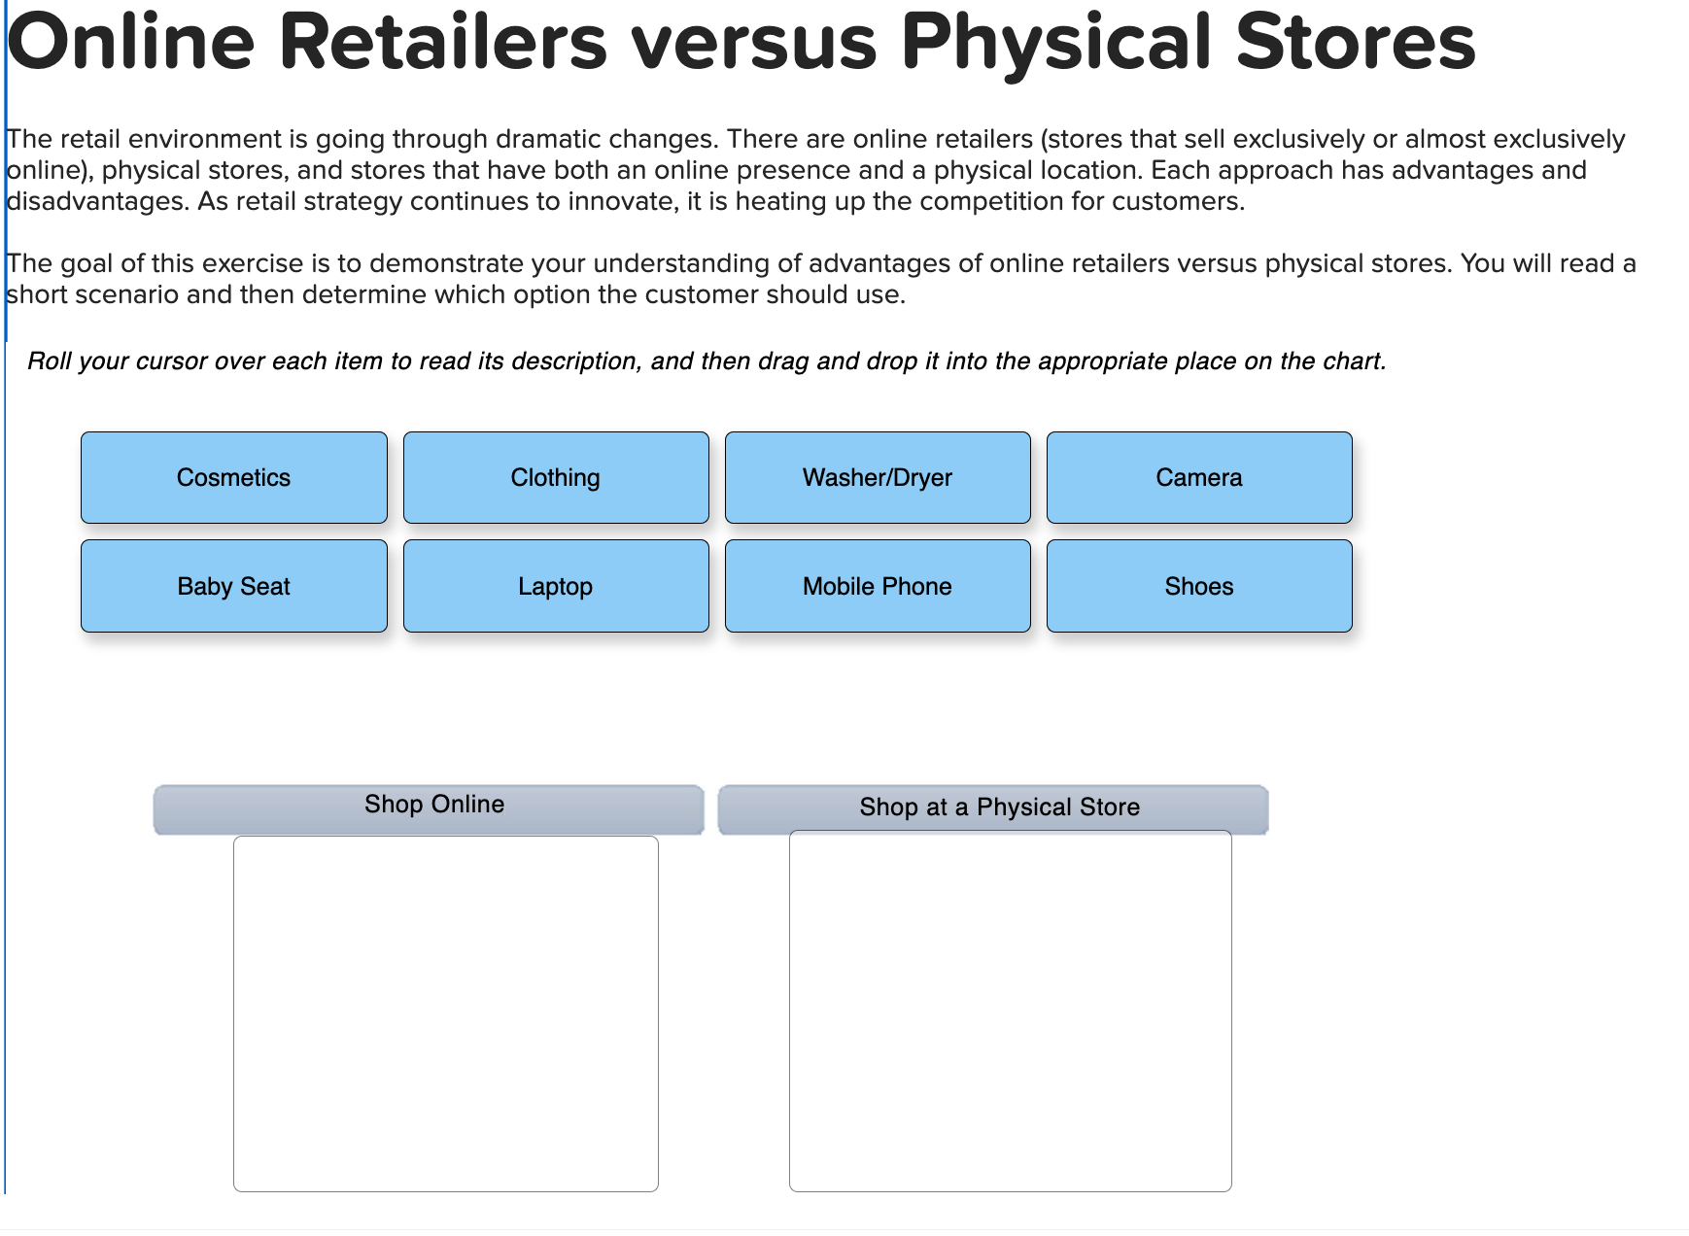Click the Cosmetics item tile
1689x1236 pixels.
click(233, 477)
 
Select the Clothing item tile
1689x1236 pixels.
click(555, 477)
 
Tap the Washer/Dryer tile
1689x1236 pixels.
click(877, 477)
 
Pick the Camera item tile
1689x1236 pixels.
click(1198, 477)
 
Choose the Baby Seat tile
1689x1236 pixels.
click(233, 586)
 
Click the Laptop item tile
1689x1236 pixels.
click(555, 586)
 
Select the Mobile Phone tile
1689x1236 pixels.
click(877, 586)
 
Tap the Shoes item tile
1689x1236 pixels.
click(1198, 586)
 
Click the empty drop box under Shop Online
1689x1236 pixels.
click(445, 1013)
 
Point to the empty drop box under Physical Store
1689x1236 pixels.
click(1010, 1011)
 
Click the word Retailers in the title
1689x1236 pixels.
click(443, 43)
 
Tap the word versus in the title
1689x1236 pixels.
click(754, 43)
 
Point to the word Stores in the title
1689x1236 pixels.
click(1356, 43)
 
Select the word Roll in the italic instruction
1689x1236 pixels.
click(49, 361)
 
